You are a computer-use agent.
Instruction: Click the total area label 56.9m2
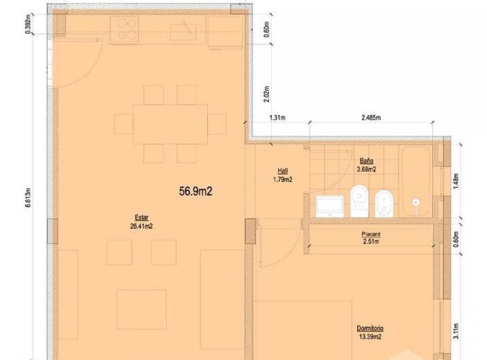pos(196,192)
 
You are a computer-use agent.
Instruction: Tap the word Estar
pos(141,218)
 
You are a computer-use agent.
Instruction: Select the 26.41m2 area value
pos(141,227)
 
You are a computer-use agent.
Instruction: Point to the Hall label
pos(282,171)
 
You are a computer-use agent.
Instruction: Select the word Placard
pos(370,234)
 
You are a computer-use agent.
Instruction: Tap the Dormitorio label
pos(371,328)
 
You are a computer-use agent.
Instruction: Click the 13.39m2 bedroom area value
pos(371,336)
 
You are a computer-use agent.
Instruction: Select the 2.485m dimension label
pos(370,118)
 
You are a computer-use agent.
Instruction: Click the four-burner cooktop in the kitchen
pos(126,30)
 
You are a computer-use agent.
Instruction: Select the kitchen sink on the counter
pos(183,30)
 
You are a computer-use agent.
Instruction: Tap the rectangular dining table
pos(170,123)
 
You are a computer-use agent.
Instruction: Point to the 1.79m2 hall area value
pos(282,180)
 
